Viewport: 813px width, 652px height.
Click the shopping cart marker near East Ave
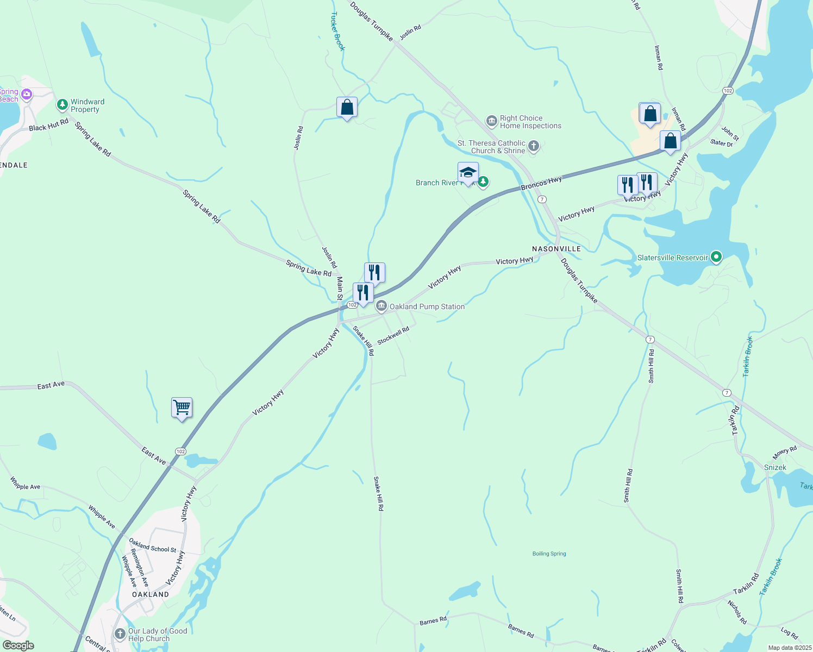[x=182, y=407]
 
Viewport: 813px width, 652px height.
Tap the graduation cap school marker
[x=468, y=173]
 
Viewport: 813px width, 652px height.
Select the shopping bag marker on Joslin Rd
[x=347, y=108]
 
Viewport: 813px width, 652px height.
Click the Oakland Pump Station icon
[x=382, y=306]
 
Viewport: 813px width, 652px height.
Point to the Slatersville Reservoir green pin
[x=716, y=257]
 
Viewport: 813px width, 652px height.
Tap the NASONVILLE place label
[x=556, y=249]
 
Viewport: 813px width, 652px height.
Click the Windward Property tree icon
[x=62, y=104]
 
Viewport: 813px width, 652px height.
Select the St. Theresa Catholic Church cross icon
[x=534, y=146]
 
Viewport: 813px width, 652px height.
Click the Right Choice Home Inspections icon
[x=492, y=121]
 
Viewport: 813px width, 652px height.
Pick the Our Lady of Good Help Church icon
[x=120, y=634]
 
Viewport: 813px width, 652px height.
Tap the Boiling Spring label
[x=549, y=554]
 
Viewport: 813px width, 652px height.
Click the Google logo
[x=18, y=645]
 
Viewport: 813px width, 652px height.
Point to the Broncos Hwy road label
[x=541, y=184]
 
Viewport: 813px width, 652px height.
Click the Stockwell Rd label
[x=393, y=335]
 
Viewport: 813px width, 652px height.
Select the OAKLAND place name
[x=151, y=594]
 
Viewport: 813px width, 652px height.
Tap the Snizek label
[x=775, y=467]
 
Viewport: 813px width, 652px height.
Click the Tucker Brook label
[x=337, y=32]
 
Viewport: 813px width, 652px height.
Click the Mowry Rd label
[x=785, y=452]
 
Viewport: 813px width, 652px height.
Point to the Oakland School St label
[x=153, y=546]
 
